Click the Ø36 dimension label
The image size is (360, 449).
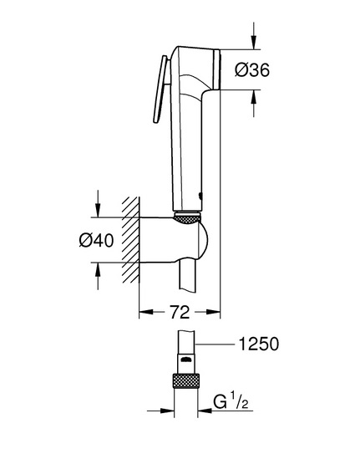[x=252, y=70]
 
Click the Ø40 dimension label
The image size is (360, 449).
[x=96, y=240]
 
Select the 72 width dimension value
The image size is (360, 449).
[x=180, y=312]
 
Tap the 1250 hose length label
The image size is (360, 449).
[x=258, y=344]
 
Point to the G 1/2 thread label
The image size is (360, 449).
[x=231, y=401]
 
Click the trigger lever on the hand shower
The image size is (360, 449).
[x=160, y=89]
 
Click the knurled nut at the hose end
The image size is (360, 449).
[x=186, y=380]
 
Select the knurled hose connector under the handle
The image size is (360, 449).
[x=187, y=218]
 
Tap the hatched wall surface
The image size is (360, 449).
[x=131, y=240]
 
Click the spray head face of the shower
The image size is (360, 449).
[x=216, y=69]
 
